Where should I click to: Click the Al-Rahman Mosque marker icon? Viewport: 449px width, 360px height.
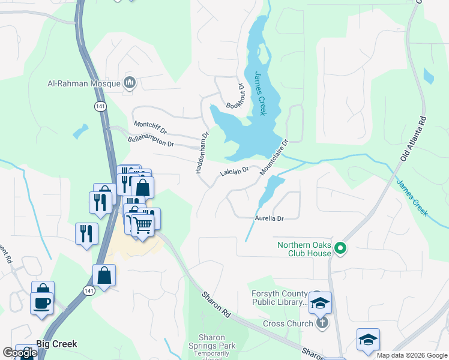tap(129, 83)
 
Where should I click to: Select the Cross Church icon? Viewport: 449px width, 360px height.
tap(322, 323)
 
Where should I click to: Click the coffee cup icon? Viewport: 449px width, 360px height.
tap(42, 303)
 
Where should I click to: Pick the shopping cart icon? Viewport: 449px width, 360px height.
tap(142, 226)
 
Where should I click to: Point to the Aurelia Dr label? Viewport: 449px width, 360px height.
tap(269, 219)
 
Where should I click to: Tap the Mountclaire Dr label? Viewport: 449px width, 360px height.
tap(274, 158)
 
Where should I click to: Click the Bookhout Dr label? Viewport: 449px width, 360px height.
tap(235, 97)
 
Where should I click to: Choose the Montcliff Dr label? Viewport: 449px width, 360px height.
tap(149, 127)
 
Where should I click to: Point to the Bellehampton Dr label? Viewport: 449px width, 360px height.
tap(151, 142)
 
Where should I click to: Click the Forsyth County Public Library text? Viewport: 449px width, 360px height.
tap(278, 298)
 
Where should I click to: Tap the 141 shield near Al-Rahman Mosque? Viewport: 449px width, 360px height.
tap(97, 106)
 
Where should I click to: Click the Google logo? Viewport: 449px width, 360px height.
tap(20, 353)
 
